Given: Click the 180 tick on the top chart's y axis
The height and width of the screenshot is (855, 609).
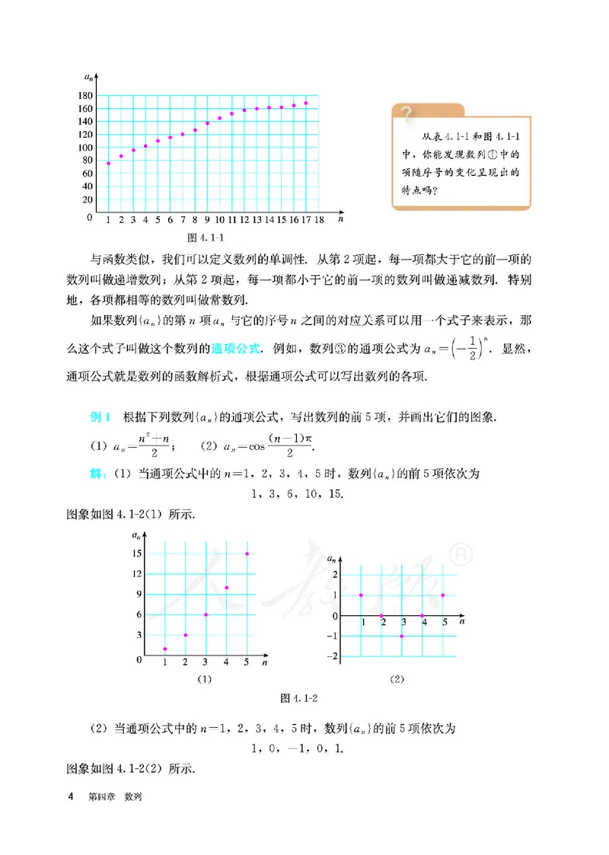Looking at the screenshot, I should click(84, 95).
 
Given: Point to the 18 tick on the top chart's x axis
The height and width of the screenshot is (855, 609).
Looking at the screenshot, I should click(319, 219).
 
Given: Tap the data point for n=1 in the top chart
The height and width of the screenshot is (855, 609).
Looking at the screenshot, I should click(109, 163).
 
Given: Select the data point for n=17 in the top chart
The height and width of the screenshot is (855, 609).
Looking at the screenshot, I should click(306, 103).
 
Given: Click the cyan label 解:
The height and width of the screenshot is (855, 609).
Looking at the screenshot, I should click(98, 474).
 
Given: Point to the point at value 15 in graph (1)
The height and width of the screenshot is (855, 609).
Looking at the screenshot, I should click(247, 554).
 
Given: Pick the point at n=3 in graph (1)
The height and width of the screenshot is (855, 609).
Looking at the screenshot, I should click(206, 614).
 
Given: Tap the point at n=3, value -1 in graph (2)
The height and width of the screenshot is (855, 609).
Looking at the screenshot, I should click(402, 636).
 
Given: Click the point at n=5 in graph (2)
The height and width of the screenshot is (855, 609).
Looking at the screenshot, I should click(443, 595).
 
